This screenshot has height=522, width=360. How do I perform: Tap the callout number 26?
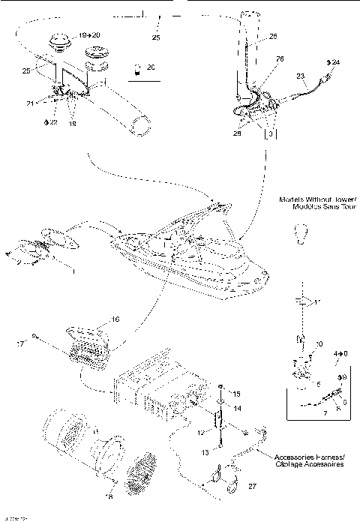259,58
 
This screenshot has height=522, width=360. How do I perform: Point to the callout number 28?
236,133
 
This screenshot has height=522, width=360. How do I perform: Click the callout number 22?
52,122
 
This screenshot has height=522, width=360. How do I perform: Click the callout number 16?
115,319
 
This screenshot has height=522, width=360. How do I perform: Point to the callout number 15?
235,394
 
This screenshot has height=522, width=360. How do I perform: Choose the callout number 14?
235,409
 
